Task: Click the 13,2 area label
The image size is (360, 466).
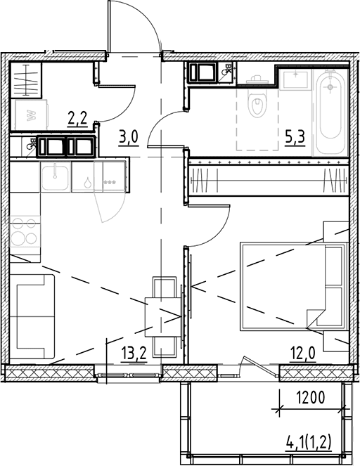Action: [134, 354]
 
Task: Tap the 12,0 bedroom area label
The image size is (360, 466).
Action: [303, 354]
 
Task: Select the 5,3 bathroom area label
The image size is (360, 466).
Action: [295, 138]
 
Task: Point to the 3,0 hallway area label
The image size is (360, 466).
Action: [129, 138]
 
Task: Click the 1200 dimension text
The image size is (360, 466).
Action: [310, 398]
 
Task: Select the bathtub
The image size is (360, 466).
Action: [330, 112]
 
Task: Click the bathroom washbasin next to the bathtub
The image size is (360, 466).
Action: [295, 79]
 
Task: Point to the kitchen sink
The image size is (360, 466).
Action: [56, 177]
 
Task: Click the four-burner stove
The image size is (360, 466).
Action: [25, 231]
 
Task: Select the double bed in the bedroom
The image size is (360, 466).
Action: [294, 287]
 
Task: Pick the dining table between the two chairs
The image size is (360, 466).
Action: [163, 316]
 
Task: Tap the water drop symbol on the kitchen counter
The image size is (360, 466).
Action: [87, 182]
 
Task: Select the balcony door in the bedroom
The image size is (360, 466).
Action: [259, 366]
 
